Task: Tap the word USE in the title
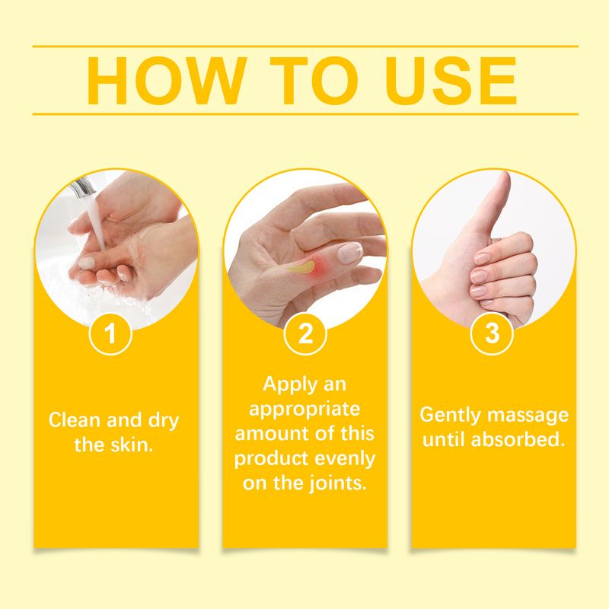[x=442, y=80]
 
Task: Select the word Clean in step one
[x=72, y=420]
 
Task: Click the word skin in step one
[x=137, y=445]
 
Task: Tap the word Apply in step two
[x=283, y=384]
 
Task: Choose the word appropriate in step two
[x=304, y=409]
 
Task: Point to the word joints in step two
[x=337, y=483]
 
